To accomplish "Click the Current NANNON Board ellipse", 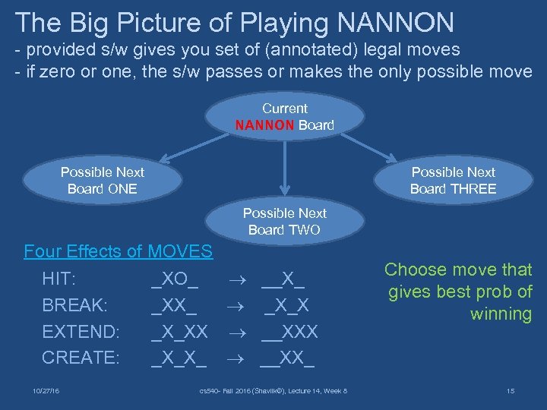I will click(284, 117).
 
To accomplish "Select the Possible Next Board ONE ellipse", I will click(102, 181).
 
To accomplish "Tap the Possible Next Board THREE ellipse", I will click(453, 181).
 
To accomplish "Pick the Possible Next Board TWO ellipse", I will click(284, 222).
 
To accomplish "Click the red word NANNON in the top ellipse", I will click(264, 125).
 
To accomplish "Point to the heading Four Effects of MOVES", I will click(118, 251).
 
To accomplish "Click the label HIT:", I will click(58, 279).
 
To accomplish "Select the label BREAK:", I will click(74, 305).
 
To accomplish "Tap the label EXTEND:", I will click(81, 331).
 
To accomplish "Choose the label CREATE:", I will click(81, 357).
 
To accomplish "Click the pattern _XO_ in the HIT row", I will click(175, 279).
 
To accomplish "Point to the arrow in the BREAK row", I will click(236, 305).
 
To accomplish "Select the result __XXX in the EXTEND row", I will click(289, 331).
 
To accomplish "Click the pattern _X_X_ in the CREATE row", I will click(179, 357).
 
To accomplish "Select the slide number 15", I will click(510, 391).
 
